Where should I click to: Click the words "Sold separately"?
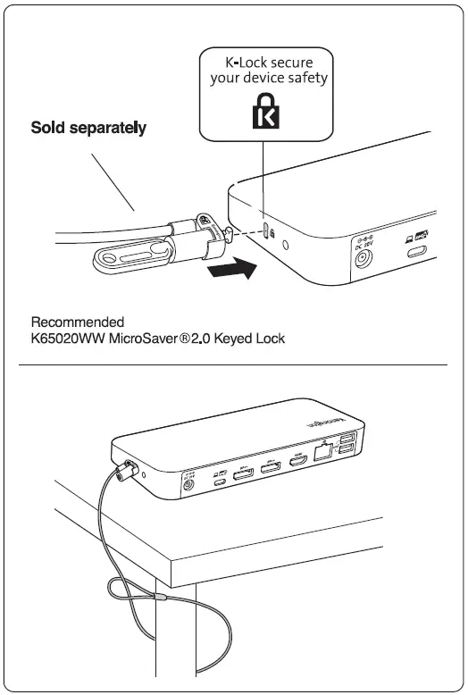[x=88, y=128]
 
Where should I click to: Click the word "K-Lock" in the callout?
[x=243, y=63]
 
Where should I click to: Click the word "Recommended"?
[x=78, y=322]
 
